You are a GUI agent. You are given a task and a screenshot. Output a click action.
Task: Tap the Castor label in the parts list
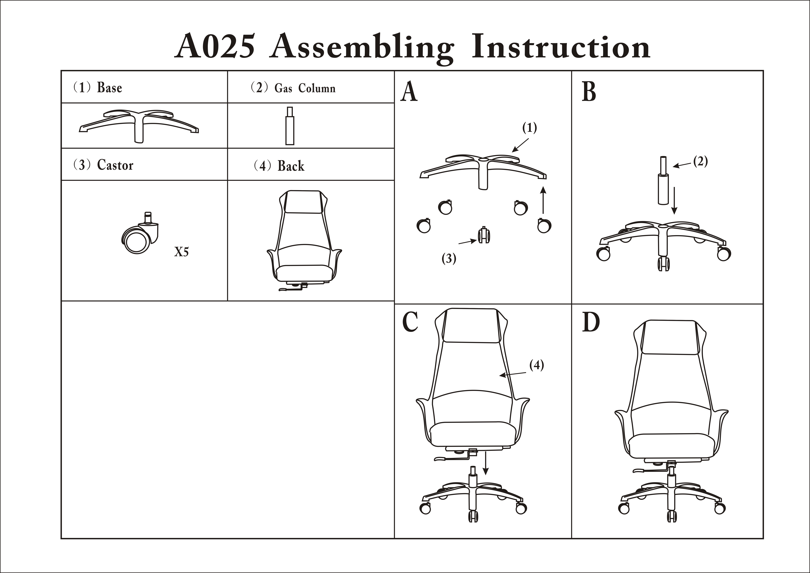(115, 165)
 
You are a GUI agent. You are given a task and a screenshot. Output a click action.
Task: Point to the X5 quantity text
(181, 252)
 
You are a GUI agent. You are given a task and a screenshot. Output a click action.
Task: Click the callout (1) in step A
(529, 128)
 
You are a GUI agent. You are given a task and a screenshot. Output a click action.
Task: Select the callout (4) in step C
(537, 365)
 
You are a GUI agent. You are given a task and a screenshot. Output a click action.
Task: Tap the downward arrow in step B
(674, 200)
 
